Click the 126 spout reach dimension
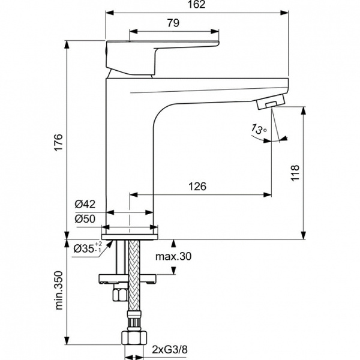pos(198,187)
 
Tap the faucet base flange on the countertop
pos(132,228)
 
